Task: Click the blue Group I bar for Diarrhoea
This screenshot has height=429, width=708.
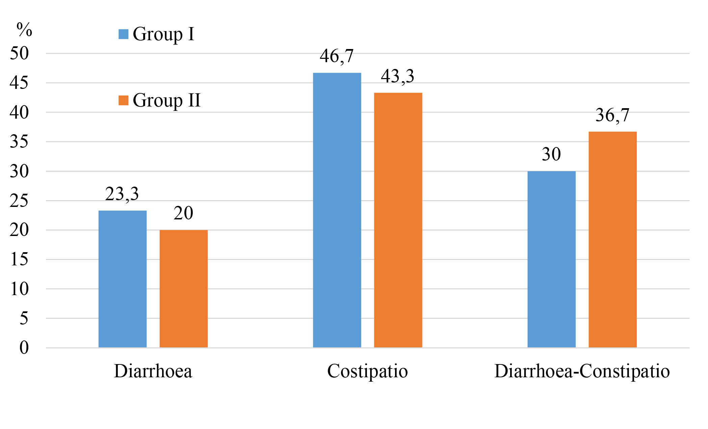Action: tap(123, 279)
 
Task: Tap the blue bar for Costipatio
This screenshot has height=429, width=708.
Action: tap(337, 210)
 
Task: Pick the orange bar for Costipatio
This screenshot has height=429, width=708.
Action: tap(398, 220)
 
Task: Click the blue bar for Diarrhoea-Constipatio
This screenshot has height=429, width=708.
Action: tap(551, 259)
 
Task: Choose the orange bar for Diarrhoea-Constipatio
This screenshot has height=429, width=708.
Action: tap(612, 239)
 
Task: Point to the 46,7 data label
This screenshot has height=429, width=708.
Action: tap(337, 56)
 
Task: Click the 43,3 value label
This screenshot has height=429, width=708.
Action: tap(397, 76)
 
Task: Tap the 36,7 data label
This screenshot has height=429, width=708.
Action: tap(612, 115)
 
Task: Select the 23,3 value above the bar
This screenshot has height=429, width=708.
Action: tap(122, 194)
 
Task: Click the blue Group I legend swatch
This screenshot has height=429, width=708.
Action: tap(124, 34)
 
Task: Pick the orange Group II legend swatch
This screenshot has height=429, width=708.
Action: tap(124, 100)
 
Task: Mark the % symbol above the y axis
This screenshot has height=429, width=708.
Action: tap(24, 30)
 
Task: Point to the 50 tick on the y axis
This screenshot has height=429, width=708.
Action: tap(19, 53)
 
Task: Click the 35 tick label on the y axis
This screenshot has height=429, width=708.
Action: tap(19, 142)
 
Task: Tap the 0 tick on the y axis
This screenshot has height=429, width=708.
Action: tap(24, 348)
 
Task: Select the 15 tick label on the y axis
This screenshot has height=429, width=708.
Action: tap(19, 259)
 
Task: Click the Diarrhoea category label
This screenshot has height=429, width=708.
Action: tap(153, 371)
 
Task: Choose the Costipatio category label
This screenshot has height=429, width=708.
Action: tap(367, 371)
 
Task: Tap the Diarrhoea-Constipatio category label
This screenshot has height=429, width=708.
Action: tap(582, 371)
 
